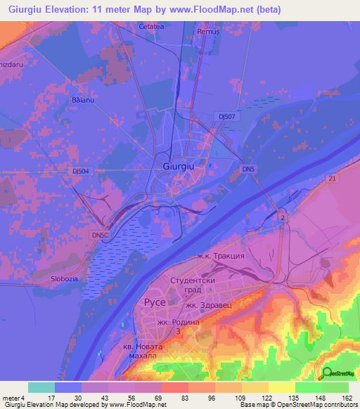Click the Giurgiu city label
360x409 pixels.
point(178,167)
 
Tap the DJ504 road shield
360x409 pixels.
point(82,171)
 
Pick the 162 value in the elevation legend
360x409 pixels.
point(346,398)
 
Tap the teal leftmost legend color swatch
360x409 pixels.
point(41,387)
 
